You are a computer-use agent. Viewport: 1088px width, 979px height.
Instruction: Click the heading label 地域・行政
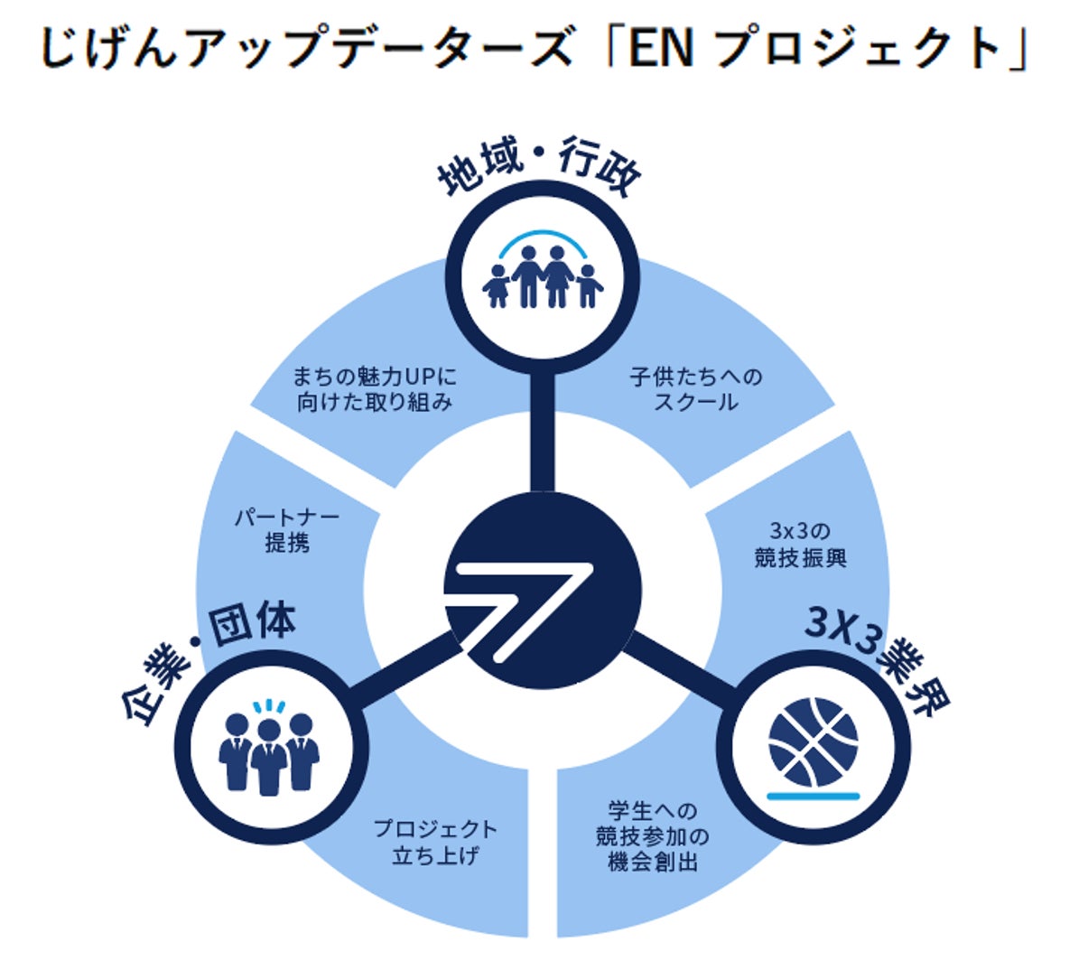(x=539, y=167)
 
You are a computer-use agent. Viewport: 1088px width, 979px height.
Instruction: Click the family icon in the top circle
(x=543, y=275)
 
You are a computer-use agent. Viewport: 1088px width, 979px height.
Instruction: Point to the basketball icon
(x=813, y=741)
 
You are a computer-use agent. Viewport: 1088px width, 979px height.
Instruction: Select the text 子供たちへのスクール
(x=695, y=389)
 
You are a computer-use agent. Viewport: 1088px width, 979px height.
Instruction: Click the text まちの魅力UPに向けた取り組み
(x=375, y=389)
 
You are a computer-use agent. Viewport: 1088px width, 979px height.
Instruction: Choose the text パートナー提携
(x=287, y=530)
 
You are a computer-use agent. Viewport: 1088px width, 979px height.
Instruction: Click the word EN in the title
(x=660, y=50)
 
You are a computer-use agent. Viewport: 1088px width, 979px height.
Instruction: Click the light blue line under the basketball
(x=813, y=796)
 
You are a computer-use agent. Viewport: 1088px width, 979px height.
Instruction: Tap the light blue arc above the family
(x=543, y=237)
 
